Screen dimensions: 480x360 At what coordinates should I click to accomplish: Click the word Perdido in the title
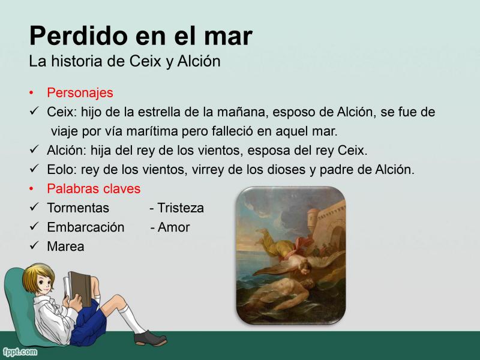tap(79, 36)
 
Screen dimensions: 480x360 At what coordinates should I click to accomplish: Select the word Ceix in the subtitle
tap(145, 61)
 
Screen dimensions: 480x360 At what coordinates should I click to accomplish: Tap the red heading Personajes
tap(80, 93)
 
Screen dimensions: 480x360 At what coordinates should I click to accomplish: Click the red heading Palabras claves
tap(94, 188)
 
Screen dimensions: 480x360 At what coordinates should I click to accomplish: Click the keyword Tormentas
tap(78, 208)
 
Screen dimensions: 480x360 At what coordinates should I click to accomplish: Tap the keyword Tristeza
tap(181, 208)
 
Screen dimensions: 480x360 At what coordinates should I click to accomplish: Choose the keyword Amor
tap(173, 227)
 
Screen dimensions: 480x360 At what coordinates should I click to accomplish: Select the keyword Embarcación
tap(86, 227)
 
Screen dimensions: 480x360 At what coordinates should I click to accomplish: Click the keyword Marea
tap(65, 247)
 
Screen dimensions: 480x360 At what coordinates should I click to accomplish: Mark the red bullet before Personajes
tap(31, 92)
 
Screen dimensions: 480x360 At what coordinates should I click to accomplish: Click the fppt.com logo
tap(20, 352)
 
